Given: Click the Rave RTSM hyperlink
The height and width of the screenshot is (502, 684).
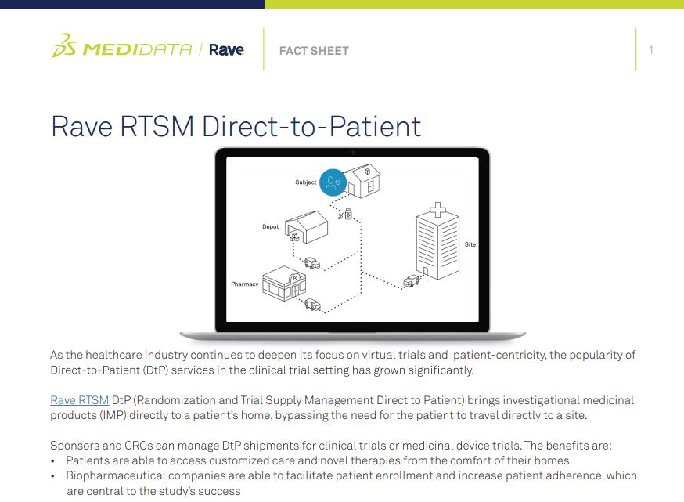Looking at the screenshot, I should (x=79, y=400).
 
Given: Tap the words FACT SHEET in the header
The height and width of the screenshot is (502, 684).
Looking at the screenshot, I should (x=314, y=51).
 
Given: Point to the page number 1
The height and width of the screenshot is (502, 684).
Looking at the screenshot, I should (x=651, y=51).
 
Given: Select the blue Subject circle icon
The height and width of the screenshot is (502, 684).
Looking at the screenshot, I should (x=334, y=183).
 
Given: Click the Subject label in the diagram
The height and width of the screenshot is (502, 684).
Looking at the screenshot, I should (x=305, y=182).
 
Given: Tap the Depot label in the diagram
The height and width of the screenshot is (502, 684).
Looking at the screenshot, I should (x=270, y=227).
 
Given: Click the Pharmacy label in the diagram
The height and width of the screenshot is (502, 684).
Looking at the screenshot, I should (x=244, y=284).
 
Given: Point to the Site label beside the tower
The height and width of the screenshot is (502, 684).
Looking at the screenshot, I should (x=470, y=244).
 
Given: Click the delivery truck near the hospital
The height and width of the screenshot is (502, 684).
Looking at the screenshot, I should (x=412, y=281).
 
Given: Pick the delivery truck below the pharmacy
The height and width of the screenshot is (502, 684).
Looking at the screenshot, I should (x=312, y=305).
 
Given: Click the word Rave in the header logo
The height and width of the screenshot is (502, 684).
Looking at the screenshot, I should (x=227, y=50).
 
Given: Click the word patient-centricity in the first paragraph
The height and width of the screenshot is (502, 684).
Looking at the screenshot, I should (x=498, y=356).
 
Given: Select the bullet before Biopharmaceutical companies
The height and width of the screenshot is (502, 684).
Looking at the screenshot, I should (x=53, y=475).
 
